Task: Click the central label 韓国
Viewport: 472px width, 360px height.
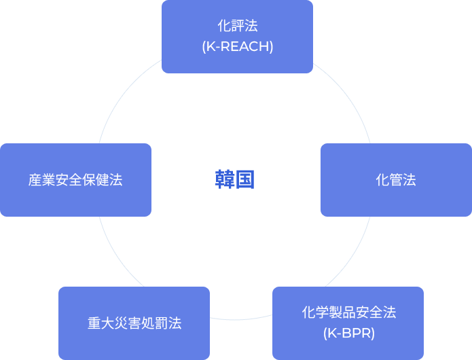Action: pyautogui.click(x=235, y=180)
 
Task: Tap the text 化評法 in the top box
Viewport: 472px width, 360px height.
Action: pyautogui.click(x=238, y=26)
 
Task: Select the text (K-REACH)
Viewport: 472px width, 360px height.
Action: pyautogui.click(x=238, y=46)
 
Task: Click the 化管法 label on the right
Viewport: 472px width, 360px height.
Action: pyautogui.click(x=396, y=180)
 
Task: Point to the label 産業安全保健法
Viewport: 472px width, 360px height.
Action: pyautogui.click(x=75, y=180)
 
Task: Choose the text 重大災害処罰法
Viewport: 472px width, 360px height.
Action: pyautogui.click(x=134, y=323)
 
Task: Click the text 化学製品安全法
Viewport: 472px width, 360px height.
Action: pyautogui.click(x=349, y=312)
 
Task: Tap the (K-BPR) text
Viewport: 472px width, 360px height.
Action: pyautogui.click(x=349, y=334)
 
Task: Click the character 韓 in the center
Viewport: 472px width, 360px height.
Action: pyautogui.click(x=225, y=180)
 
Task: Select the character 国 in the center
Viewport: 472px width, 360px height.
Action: pyautogui.click(x=245, y=180)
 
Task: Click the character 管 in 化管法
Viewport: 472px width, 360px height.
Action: pyautogui.click(x=396, y=180)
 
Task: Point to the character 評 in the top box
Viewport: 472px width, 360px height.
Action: pyautogui.click(x=238, y=26)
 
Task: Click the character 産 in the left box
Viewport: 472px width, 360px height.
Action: pyautogui.click(x=35, y=180)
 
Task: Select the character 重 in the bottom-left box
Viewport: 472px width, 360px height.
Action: pyautogui.click(x=94, y=323)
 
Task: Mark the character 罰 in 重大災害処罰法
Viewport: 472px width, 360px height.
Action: pyautogui.click(x=162, y=323)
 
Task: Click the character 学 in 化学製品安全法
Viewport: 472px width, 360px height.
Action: pyautogui.click(x=322, y=312)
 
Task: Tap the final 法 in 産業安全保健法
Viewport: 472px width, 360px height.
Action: pyautogui.click(x=116, y=180)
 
